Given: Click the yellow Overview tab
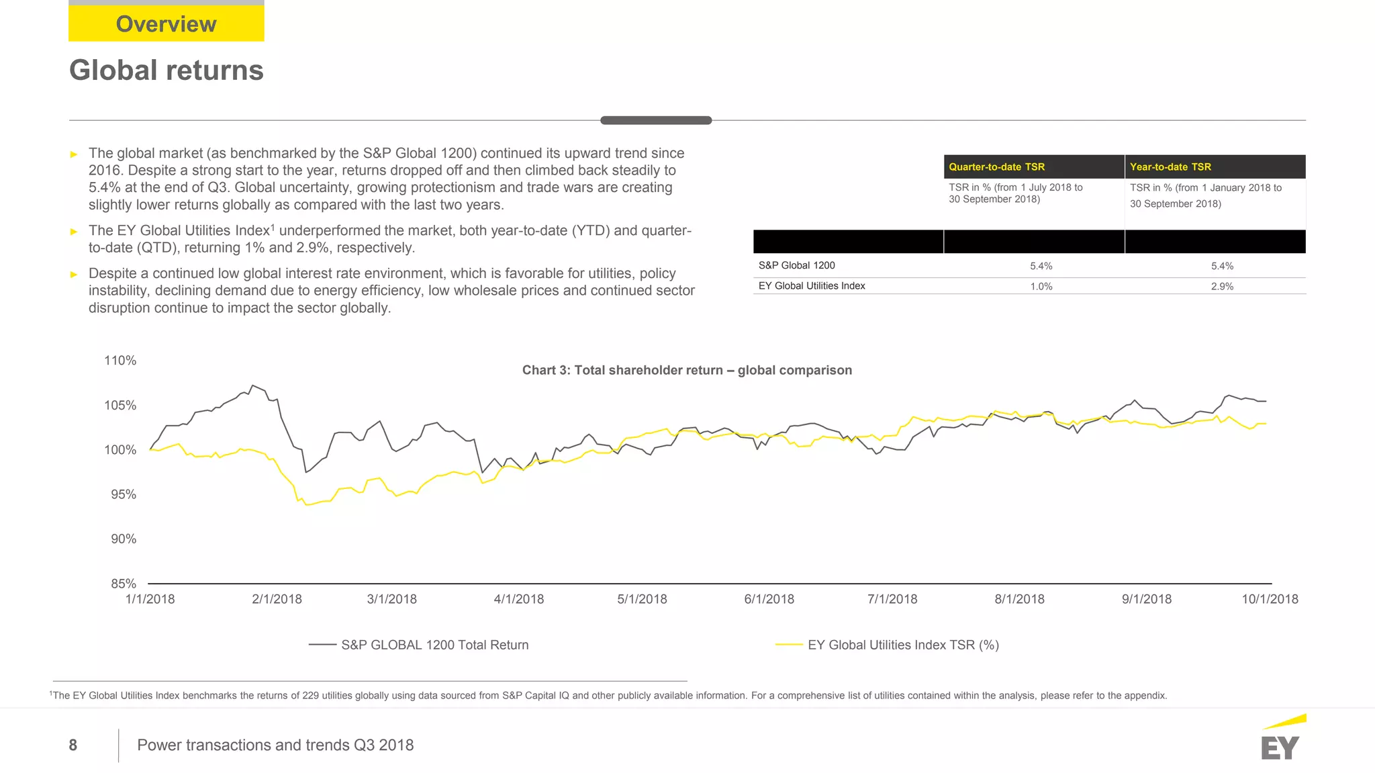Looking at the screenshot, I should (x=166, y=24).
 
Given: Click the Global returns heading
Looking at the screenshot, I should (x=166, y=71).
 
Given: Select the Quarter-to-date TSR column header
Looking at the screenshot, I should (x=996, y=167).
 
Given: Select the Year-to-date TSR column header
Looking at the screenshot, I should (x=1170, y=167).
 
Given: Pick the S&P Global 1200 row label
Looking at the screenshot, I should (x=796, y=265).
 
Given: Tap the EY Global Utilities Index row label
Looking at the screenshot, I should (x=811, y=286).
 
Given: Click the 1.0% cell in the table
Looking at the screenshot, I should (x=1041, y=287).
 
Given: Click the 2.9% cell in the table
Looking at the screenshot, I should (x=1222, y=287).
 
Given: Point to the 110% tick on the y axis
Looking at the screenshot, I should (x=120, y=361).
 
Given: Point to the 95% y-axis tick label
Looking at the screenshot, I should (x=124, y=494).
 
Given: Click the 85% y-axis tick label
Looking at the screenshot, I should (x=124, y=584).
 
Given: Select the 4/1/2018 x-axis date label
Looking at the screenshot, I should (x=518, y=599).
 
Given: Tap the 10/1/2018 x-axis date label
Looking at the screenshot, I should (x=1269, y=599).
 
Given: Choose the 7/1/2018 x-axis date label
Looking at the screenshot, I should (x=892, y=599).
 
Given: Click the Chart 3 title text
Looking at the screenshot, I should (x=687, y=370).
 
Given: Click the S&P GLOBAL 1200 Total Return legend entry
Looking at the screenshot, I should (x=434, y=645).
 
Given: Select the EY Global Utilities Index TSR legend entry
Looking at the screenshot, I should (x=902, y=645).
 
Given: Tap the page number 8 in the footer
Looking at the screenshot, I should (x=73, y=745).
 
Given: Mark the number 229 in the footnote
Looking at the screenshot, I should (x=310, y=696).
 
